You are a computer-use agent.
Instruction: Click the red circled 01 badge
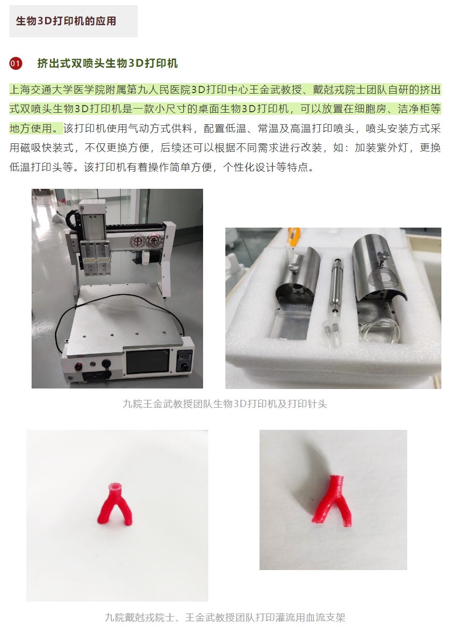tap(16, 63)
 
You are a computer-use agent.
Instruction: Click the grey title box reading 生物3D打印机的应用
tap(74, 21)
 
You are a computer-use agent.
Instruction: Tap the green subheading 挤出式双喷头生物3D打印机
tap(108, 63)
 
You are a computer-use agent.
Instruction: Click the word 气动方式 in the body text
tap(149, 128)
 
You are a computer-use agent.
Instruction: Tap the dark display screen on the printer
tap(148, 362)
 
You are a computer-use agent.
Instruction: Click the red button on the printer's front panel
tap(78, 366)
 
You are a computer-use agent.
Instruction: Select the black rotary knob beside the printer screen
tap(184, 367)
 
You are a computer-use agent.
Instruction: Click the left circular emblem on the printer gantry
tap(138, 241)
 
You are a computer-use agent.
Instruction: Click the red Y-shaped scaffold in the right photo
tap(333, 500)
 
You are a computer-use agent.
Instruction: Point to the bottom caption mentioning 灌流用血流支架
tap(225, 617)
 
